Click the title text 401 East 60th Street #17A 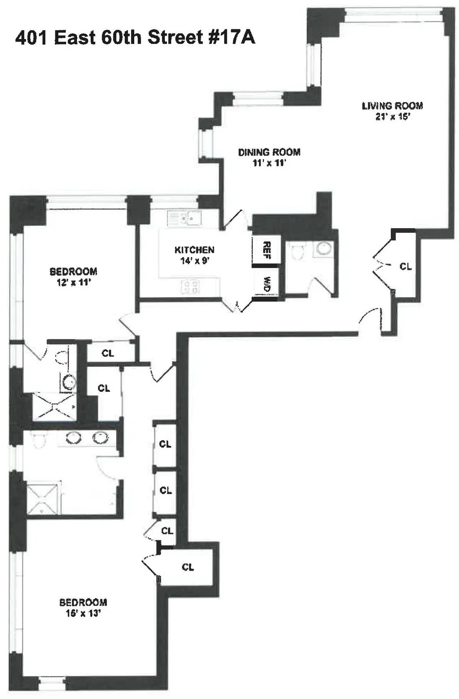click(x=135, y=38)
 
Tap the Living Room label click(x=392, y=105)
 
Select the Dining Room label click(x=269, y=152)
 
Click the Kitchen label click(x=194, y=250)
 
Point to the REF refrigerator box click(x=267, y=250)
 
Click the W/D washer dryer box click(x=267, y=284)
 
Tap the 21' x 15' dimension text click(x=392, y=117)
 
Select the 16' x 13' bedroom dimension click(x=83, y=613)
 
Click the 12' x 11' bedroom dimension click(x=73, y=283)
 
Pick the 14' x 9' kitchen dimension click(x=194, y=261)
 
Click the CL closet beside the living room click(x=405, y=266)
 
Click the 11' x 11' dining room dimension click(x=269, y=163)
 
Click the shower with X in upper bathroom click(x=54, y=406)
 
